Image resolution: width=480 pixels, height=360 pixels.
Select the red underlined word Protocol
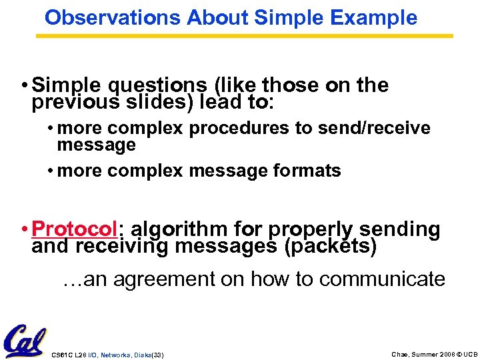point(74,229)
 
